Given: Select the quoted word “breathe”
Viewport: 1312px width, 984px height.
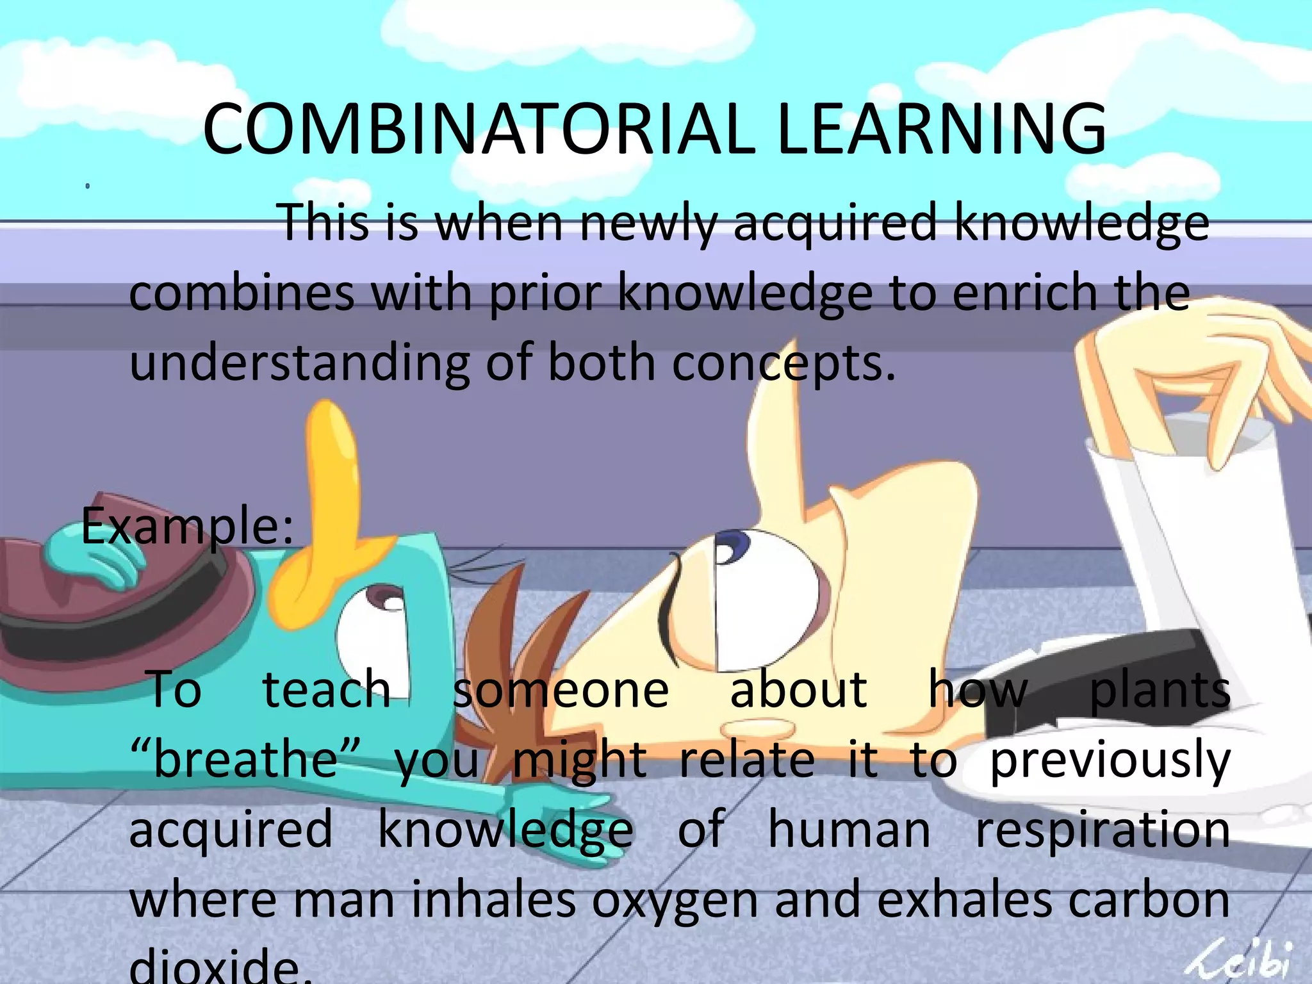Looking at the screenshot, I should (x=245, y=760).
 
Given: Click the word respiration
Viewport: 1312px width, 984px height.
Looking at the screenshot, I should (x=1102, y=830).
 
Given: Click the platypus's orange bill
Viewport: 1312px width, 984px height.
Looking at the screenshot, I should (x=327, y=506).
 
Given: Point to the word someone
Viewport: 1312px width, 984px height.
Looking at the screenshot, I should (x=561, y=691).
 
